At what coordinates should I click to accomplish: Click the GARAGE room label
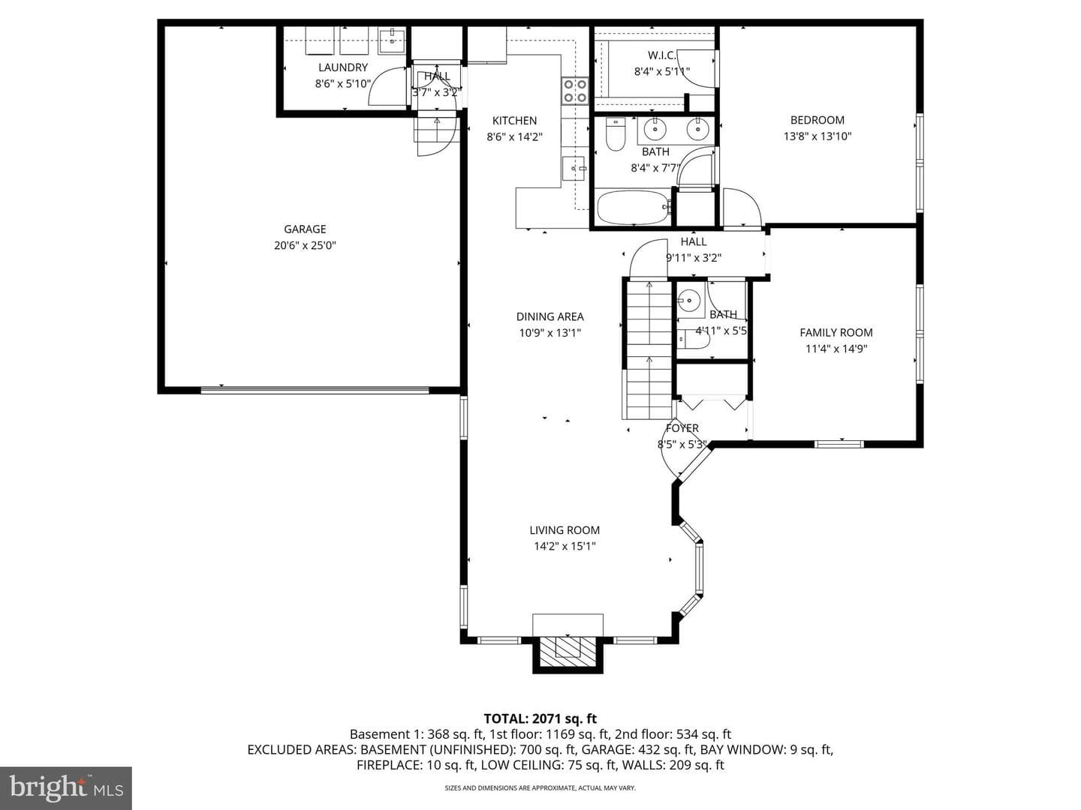pos(305,229)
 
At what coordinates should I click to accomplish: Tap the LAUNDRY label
pos(343,67)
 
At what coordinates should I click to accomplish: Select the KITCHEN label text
pos(514,121)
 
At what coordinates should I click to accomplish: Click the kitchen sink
pos(574,169)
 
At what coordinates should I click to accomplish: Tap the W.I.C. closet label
pos(661,55)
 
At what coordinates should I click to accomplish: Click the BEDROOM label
pos(817,120)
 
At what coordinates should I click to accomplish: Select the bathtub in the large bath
pos(632,208)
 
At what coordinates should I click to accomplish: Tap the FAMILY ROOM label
pos(836,333)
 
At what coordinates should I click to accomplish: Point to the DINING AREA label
pos(550,316)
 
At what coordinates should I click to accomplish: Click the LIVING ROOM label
pos(565,530)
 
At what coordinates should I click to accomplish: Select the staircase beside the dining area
pos(648,349)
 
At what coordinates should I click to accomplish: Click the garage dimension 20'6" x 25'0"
pos(305,245)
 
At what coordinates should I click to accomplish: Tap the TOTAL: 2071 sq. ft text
pos(540,719)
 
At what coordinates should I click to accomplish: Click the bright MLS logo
pos(66,787)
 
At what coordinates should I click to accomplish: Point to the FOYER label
pos(682,428)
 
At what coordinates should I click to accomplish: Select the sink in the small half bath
pos(690,299)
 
